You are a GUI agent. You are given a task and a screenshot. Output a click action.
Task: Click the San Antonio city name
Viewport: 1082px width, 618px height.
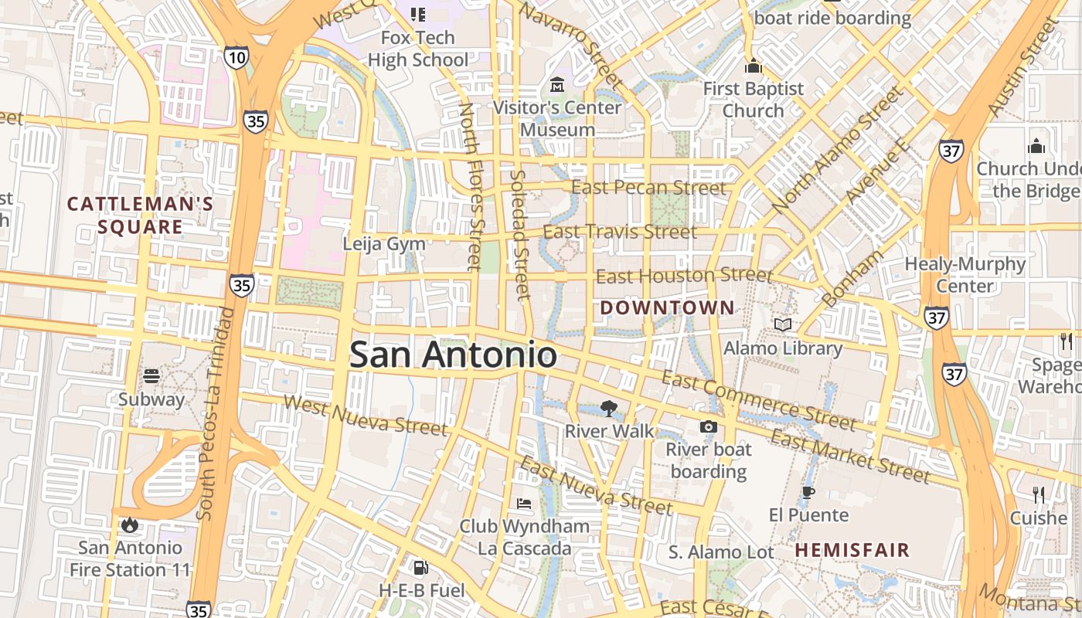453,355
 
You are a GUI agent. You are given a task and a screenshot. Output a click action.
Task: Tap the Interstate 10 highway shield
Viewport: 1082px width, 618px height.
237,56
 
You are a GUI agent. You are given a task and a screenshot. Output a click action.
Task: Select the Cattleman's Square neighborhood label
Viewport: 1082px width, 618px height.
140,216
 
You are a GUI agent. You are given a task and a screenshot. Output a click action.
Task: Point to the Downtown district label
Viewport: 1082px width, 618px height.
668,307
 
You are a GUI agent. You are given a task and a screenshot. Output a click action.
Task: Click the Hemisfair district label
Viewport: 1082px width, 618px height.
852,550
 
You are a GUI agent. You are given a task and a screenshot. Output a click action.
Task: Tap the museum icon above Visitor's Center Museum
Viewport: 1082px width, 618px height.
557,84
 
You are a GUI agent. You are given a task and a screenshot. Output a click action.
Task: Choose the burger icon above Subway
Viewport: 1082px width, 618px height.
151,376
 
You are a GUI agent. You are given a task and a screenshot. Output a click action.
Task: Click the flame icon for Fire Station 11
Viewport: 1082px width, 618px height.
129,525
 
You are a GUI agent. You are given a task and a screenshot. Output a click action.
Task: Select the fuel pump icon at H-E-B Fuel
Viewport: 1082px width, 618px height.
420,568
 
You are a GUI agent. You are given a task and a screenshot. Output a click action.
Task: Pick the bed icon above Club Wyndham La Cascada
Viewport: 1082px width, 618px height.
524,504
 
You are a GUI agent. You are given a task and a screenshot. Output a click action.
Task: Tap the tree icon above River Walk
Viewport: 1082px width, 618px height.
609,409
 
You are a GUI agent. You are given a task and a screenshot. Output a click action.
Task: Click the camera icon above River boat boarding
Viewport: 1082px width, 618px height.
708,426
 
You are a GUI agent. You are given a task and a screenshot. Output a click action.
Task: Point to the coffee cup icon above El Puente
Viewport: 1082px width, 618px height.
808,492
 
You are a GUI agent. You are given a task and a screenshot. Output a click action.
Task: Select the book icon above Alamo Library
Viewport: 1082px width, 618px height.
783,324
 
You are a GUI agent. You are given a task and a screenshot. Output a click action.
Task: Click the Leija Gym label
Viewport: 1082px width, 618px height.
384,244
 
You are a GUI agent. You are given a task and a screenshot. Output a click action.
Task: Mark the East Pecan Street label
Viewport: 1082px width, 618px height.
648,188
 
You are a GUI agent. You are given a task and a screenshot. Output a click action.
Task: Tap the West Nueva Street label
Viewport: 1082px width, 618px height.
365,414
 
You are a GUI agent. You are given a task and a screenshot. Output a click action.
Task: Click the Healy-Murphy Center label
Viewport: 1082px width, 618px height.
965,275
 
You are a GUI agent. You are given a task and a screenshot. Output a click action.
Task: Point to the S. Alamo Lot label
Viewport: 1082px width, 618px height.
721,552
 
